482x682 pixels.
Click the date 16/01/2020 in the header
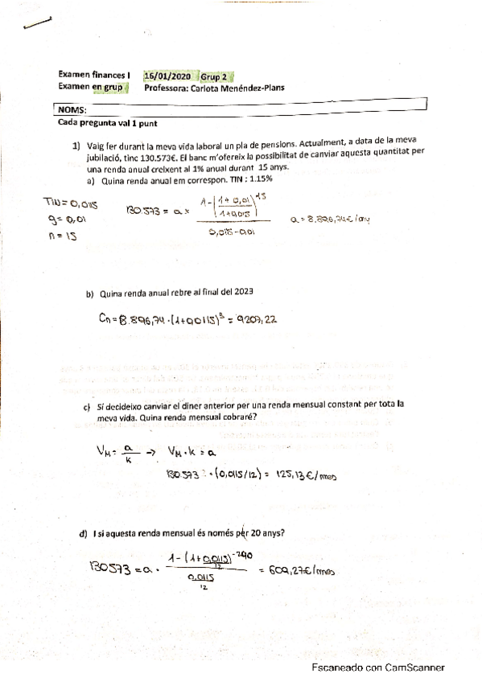click(x=167, y=76)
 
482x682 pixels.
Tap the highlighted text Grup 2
click(x=216, y=76)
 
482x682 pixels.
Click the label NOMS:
click(x=72, y=109)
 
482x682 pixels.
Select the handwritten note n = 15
click(x=62, y=239)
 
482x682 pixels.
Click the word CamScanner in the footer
click(x=411, y=668)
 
